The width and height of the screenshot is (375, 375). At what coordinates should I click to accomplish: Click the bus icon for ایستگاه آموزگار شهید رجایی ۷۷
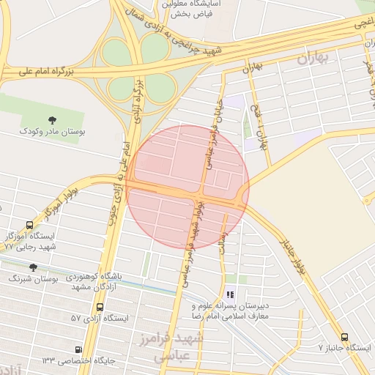(x=29, y=226)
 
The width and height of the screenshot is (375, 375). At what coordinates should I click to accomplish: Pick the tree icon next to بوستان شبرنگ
(x=32, y=268)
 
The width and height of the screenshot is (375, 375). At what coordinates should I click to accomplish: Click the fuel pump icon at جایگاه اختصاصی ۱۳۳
(x=79, y=350)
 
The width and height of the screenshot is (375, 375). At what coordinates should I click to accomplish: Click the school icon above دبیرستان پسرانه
(x=230, y=294)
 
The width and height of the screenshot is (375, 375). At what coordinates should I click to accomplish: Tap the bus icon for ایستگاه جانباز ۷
(x=344, y=338)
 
